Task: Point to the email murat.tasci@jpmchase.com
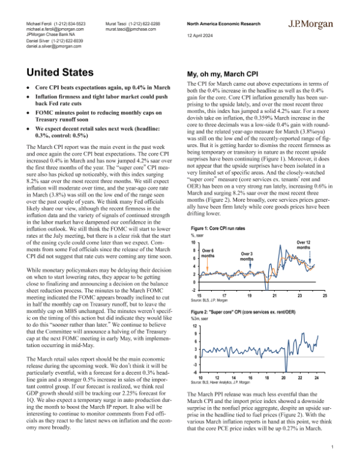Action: pyautogui.click(x=132, y=28)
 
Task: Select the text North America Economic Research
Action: pyautogui.click(x=222, y=23)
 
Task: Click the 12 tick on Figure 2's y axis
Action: pyautogui.click(x=193, y=325)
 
